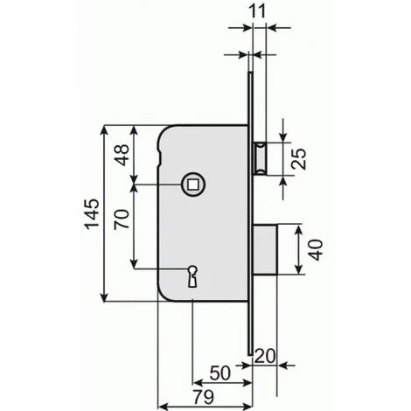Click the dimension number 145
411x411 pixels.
(92, 213)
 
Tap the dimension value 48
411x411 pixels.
(122, 155)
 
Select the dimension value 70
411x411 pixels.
(122, 219)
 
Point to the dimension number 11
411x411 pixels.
(258, 11)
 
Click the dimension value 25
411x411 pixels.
(299, 159)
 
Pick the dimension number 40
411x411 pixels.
(316, 250)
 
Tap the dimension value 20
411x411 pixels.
(265, 356)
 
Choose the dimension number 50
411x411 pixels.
(220, 373)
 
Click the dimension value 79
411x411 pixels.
(204, 397)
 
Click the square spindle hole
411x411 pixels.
(193, 185)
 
